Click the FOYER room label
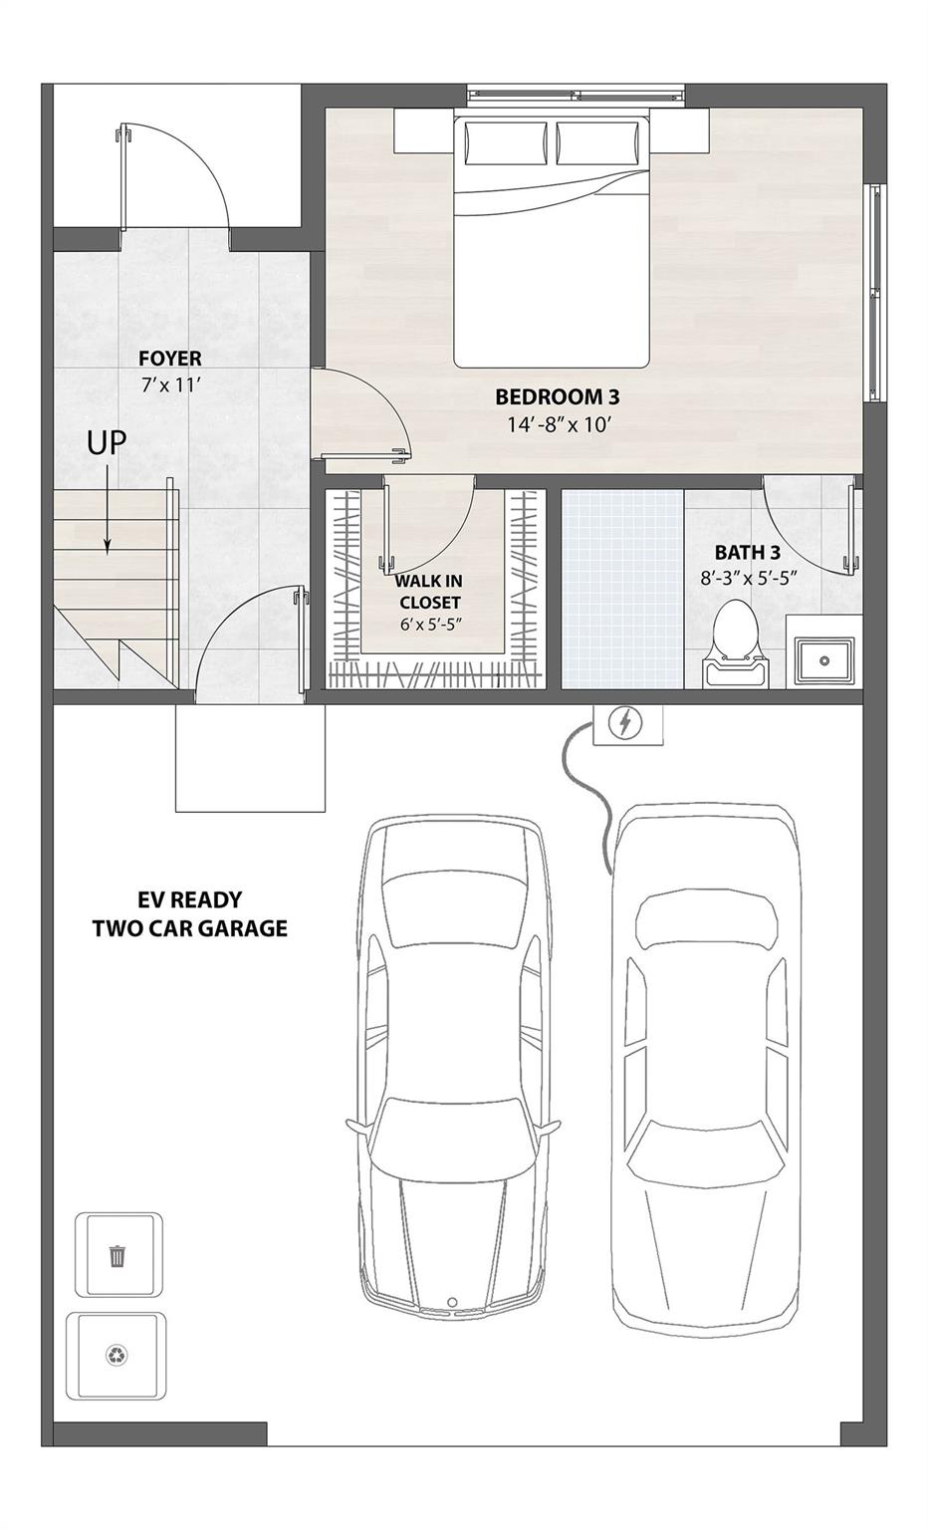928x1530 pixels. pos(169,359)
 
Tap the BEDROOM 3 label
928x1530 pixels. pos(557,397)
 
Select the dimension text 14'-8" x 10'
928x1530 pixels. pos(557,424)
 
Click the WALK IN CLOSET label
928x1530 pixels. pos(429,592)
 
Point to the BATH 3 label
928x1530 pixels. pos(746,552)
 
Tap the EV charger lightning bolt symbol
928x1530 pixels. pos(625,722)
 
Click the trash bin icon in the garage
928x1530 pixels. pos(117,1255)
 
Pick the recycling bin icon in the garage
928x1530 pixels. pos(116,1356)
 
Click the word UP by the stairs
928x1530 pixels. pos(107,442)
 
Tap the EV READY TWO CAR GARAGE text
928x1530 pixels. pos(189,914)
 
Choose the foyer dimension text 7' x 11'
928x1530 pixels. pos(170,384)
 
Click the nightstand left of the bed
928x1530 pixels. pos(423,130)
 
